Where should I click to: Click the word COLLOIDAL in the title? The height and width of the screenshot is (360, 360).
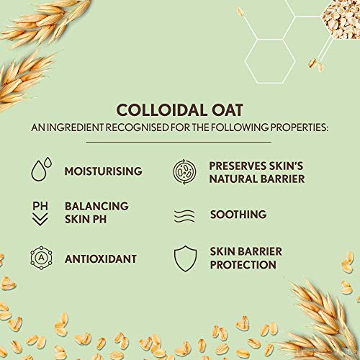[162, 110]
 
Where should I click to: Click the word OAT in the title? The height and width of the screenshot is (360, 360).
[227, 110]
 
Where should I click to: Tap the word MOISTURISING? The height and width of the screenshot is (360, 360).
[104, 171]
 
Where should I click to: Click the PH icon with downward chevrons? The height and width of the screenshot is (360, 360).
[40, 213]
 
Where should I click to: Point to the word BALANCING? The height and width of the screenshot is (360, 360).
[96, 206]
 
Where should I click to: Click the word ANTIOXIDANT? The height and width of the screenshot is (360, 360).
[101, 259]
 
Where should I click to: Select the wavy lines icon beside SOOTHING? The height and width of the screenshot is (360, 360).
[184, 216]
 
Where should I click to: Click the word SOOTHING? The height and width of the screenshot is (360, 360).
[238, 215]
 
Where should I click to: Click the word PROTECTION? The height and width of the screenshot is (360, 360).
[243, 265]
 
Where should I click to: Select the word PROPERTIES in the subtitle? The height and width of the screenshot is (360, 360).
[299, 127]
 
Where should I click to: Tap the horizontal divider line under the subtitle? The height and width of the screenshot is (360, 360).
[179, 142]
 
